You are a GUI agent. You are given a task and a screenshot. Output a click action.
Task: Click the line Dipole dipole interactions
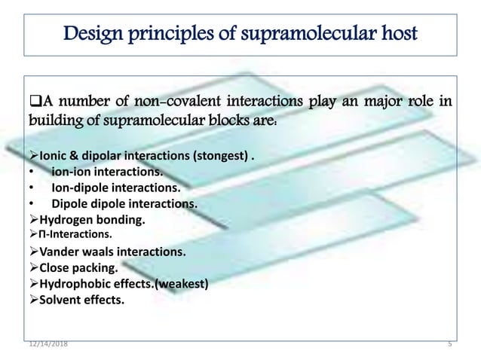point(124,204)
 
